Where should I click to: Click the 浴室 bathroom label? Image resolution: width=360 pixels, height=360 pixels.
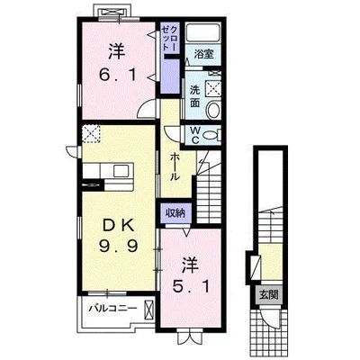click(x=203, y=54)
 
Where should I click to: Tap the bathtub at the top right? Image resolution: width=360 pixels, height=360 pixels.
click(x=203, y=33)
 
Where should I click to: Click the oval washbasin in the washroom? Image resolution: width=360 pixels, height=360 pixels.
click(x=213, y=110)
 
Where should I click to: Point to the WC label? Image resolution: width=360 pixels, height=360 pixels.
click(x=195, y=135)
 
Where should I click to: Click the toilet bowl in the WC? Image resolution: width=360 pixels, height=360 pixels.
click(x=211, y=136)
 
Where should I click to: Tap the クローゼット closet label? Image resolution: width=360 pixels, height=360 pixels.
click(x=169, y=38)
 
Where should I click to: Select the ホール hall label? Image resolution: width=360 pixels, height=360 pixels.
click(x=175, y=166)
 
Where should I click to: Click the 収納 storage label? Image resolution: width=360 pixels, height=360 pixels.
click(x=175, y=213)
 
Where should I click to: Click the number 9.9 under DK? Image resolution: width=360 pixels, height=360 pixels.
click(x=118, y=247)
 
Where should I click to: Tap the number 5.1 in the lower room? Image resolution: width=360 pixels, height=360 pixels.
click(x=191, y=288)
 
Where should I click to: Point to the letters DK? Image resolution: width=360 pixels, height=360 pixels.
click(x=118, y=227)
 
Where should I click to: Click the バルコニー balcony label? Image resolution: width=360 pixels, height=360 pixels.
click(x=113, y=308)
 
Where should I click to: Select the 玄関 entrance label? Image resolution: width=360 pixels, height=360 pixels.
click(x=269, y=295)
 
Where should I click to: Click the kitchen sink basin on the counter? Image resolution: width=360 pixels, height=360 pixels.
click(x=121, y=171)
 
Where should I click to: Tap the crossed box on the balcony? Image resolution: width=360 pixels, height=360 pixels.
click(x=148, y=310)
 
